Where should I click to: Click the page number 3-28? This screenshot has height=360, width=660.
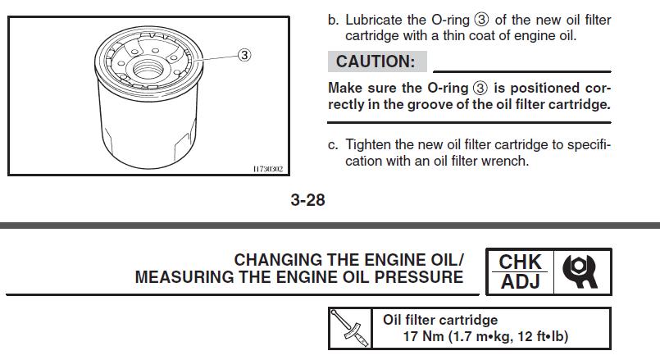pyautogui.click(x=307, y=199)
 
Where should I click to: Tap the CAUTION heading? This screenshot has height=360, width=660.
pyautogui.click(x=376, y=62)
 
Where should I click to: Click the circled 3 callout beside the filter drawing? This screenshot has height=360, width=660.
pyautogui.click(x=244, y=55)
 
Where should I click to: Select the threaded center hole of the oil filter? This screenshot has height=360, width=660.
pyautogui.click(x=148, y=68)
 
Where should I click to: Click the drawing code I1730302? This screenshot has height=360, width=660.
pyautogui.click(x=268, y=169)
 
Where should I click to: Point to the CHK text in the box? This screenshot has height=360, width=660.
pyautogui.click(x=520, y=262)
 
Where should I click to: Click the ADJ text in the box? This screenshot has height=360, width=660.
pyautogui.click(x=521, y=281)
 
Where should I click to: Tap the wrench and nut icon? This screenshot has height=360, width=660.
pyautogui.click(x=580, y=271)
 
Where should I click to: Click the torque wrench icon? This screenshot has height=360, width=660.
pyautogui.click(x=350, y=328)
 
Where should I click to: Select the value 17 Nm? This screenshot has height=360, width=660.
pyautogui.click(x=423, y=336)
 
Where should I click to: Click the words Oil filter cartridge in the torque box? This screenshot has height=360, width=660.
pyautogui.click(x=440, y=320)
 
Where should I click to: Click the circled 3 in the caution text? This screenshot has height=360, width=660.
pyautogui.click(x=480, y=88)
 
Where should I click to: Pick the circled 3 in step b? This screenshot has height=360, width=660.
pyautogui.click(x=481, y=20)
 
